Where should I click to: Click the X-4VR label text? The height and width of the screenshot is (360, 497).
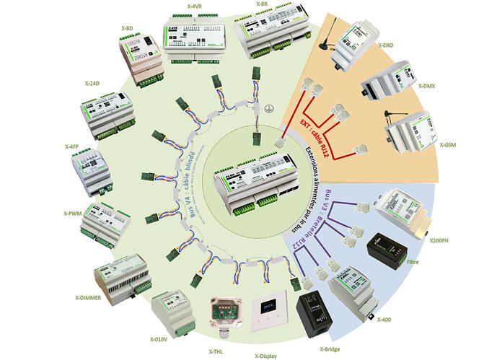195,6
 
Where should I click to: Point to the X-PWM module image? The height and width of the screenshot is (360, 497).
107,221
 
